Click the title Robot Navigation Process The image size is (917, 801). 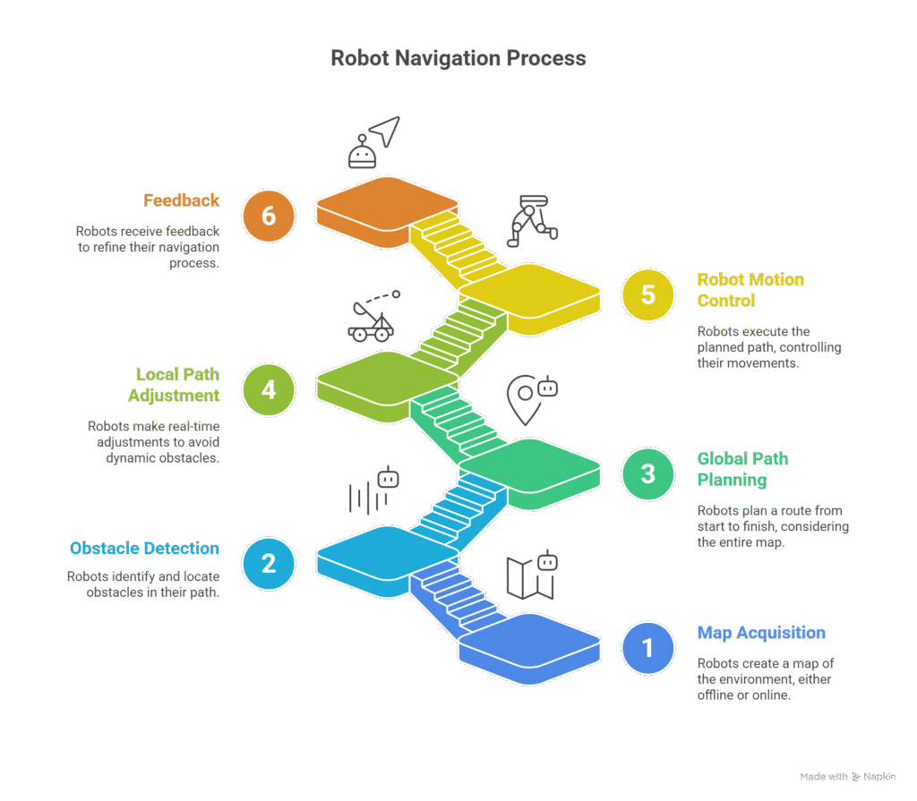pyautogui.click(x=458, y=59)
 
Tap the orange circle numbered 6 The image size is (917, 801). pyautogui.click(x=269, y=216)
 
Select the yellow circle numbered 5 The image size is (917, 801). pyautogui.click(x=647, y=294)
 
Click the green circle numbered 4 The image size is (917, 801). pyautogui.click(x=269, y=389)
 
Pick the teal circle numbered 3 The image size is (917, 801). pyautogui.click(x=647, y=473)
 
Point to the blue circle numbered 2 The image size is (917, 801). pyautogui.click(x=269, y=563)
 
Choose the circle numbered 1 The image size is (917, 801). pyautogui.click(x=647, y=647)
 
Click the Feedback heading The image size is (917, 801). pyautogui.click(x=181, y=200)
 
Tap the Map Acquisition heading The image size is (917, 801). pyautogui.click(x=761, y=633)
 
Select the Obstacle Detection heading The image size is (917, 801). pyautogui.click(x=144, y=548)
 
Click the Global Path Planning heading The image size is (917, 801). pyautogui.click(x=743, y=469)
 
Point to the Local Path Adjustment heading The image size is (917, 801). pyautogui.click(x=177, y=384)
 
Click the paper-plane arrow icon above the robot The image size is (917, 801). pyautogui.click(x=383, y=131)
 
